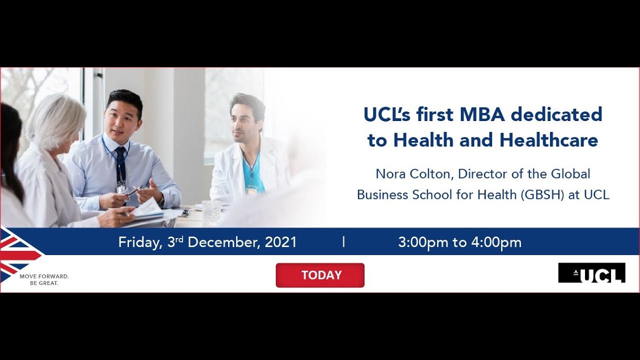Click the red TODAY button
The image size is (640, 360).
click(320, 275)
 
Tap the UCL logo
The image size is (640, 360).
click(591, 273)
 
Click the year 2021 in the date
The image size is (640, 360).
click(280, 242)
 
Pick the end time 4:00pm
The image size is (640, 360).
click(496, 242)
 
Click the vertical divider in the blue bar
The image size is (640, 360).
click(344, 242)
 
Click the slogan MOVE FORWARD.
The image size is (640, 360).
click(44, 276)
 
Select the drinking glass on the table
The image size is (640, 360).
click(211, 212)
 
